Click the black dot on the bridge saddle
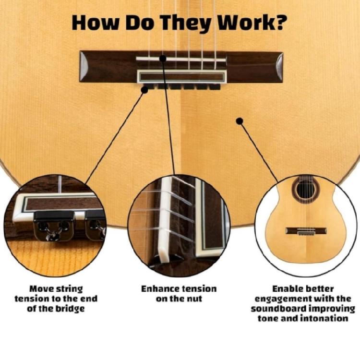pyautogui.click(x=163, y=58)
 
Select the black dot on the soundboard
pyautogui.click(x=238, y=121)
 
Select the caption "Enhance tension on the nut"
pyautogui.click(x=179, y=293)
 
